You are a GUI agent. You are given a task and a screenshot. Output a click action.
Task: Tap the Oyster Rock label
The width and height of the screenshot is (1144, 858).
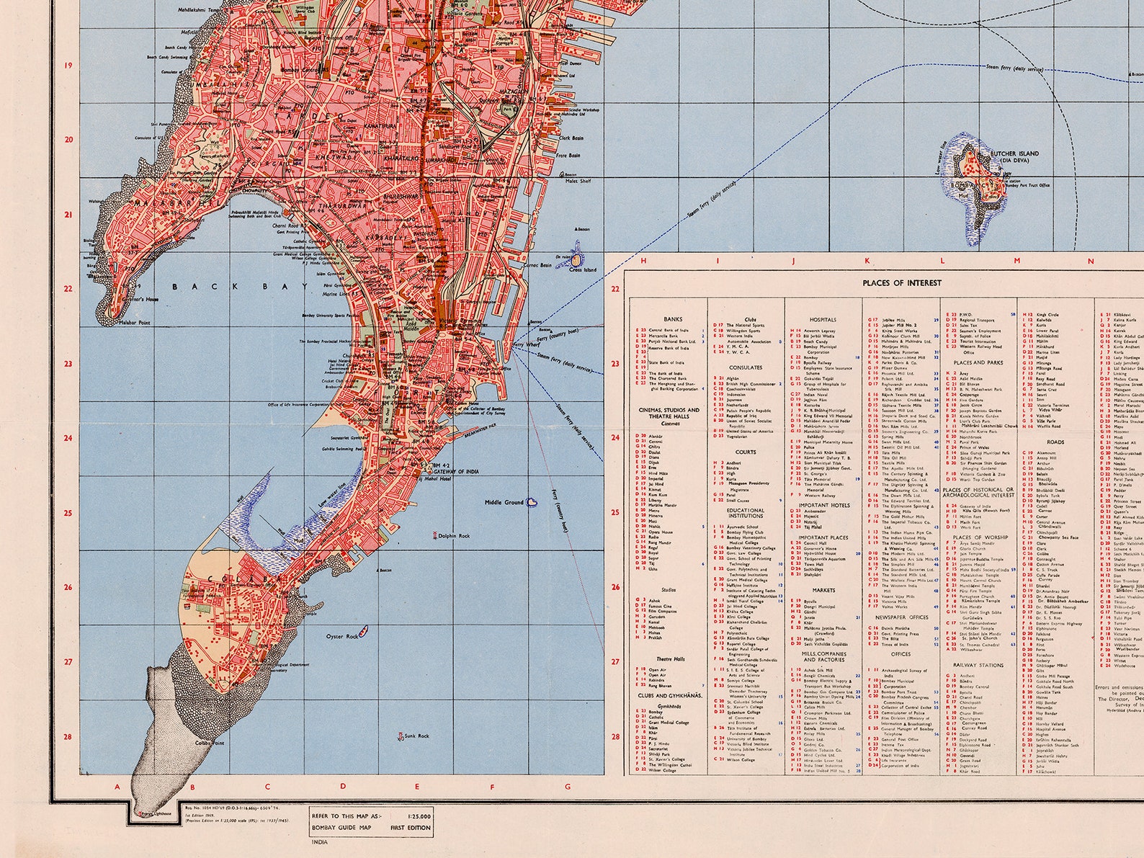pyautogui.click(x=341, y=636)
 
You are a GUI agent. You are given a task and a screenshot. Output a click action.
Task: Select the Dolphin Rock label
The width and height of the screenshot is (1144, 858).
pyautogui.click(x=454, y=536)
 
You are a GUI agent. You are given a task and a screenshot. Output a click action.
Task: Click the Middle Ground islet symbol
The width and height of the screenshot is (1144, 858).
pyautogui.click(x=532, y=501)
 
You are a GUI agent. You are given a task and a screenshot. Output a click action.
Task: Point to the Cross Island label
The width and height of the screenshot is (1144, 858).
pyautogui.click(x=583, y=269)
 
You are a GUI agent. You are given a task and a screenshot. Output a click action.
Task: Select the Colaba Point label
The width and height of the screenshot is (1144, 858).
pyautogui.click(x=210, y=742)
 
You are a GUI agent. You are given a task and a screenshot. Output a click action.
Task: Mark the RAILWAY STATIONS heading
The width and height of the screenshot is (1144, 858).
pyautogui.click(x=978, y=666)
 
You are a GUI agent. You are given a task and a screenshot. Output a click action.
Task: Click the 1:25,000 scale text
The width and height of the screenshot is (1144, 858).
pyautogui.click(x=419, y=815)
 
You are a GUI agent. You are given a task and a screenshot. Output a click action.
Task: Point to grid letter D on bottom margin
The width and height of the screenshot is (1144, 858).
pyautogui.click(x=343, y=786)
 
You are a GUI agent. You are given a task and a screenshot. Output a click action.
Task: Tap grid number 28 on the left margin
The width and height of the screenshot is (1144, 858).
pyautogui.click(x=68, y=736)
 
